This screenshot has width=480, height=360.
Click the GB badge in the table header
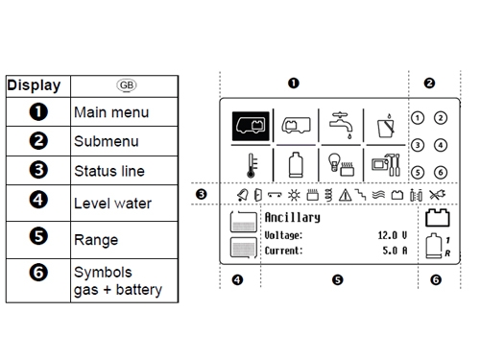pyautogui.click(x=127, y=85)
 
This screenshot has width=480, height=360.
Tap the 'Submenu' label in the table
pyautogui.click(x=107, y=141)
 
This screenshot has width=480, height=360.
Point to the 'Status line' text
pyautogui.click(x=109, y=171)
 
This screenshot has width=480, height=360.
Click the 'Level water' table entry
pyautogui.click(x=112, y=204)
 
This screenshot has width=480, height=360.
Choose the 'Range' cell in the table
pyautogui.click(x=96, y=240)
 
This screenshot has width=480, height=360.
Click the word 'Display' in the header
pyautogui.click(x=34, y=85)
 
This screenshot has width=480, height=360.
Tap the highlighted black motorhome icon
pyautogui.click(x=251, y=126)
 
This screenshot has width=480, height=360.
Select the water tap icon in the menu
pyautogui.click(x=341, y=125)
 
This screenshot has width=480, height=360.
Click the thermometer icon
pyautogui.click(x=252, y=165)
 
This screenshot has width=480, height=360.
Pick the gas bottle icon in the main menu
pyautogui.click(x=296, y=165)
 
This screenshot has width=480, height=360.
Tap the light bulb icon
pyautogui.click(x=334, y=162)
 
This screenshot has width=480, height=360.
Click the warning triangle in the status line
pyautogui.click(x=345, y=195)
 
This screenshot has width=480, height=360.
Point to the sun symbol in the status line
pyautogui.click(x=294, y=195)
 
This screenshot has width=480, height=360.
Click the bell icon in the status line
pyautogui.click(x=243, y=195)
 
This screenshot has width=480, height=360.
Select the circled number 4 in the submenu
pyautogui.click(x=441, y=145)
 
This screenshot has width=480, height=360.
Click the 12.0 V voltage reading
pyautogui.click(x=393, y=235)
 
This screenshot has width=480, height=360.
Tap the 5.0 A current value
pyautogui.click(x=395, y=251)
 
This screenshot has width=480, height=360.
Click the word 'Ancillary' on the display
pyautogui.click(x=292, y=218)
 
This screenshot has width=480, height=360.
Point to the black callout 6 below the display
pyautogui.click(x=436, y=280)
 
